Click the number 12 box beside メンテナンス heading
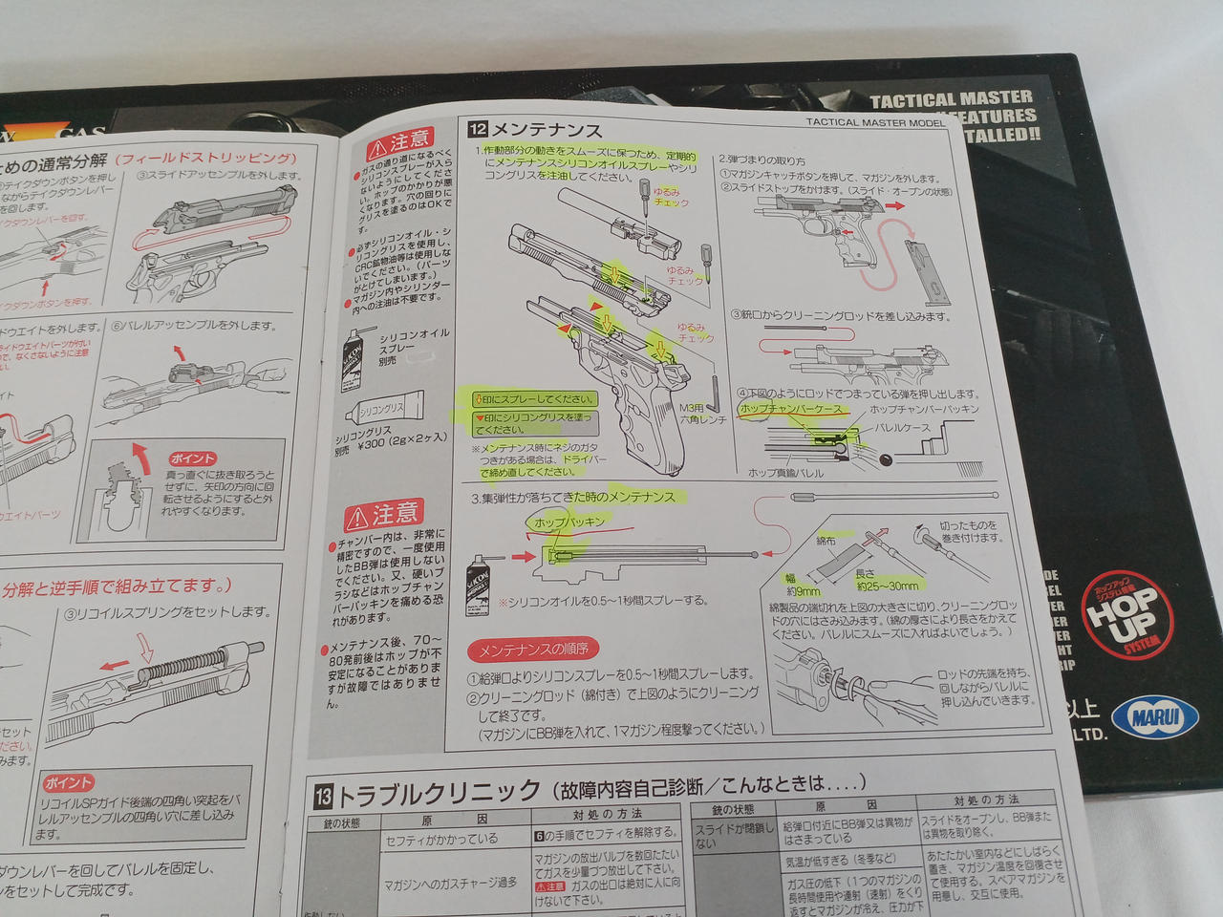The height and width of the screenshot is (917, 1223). coord(477,129)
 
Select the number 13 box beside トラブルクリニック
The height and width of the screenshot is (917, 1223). coord(323,795)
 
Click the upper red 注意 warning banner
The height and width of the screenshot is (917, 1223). coord(399,144)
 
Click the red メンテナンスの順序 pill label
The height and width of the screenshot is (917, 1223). coord(532,650)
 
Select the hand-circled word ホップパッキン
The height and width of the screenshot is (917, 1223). coord(569,522)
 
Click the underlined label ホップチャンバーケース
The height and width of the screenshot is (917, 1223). coord(791,409)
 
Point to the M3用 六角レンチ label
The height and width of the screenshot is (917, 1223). coord(702,414)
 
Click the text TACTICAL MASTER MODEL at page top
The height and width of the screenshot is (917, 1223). coord(874,122)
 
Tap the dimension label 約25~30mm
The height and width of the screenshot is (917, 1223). coord(886,585)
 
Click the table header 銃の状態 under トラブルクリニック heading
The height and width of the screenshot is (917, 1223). coord(341,822)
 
